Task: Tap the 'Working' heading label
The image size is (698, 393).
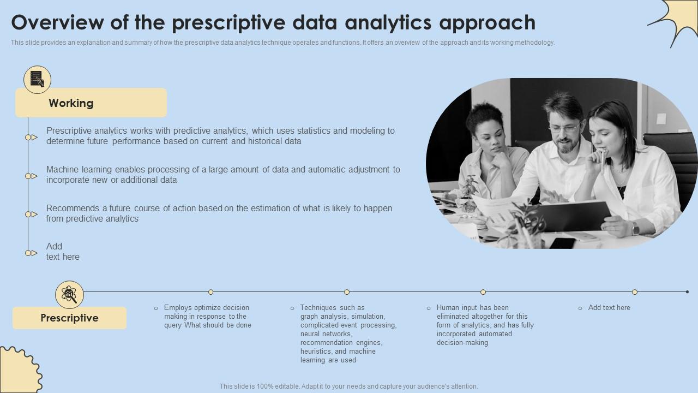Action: (x=71, y=103)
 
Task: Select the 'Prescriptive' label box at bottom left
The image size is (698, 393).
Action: (x=69, y=318)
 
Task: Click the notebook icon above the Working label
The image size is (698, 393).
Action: (x=37, y=80)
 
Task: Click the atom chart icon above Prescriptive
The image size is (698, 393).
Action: (x=69, y=295)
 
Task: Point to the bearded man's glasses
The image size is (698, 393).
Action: (x=565, y=128)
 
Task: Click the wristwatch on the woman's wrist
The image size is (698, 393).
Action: (x=635, y=228)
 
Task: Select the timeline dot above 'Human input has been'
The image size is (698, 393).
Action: (x=483, y=292)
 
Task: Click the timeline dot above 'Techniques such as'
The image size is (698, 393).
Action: (x=347, y=292)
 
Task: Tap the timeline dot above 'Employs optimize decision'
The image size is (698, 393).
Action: (x=210, y=292)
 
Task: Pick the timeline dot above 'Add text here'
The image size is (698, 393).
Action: (x=635, y=292)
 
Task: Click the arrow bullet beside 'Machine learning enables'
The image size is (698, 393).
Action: (x=31, y=176)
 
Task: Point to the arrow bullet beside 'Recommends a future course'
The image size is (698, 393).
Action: (x=31, y=214)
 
